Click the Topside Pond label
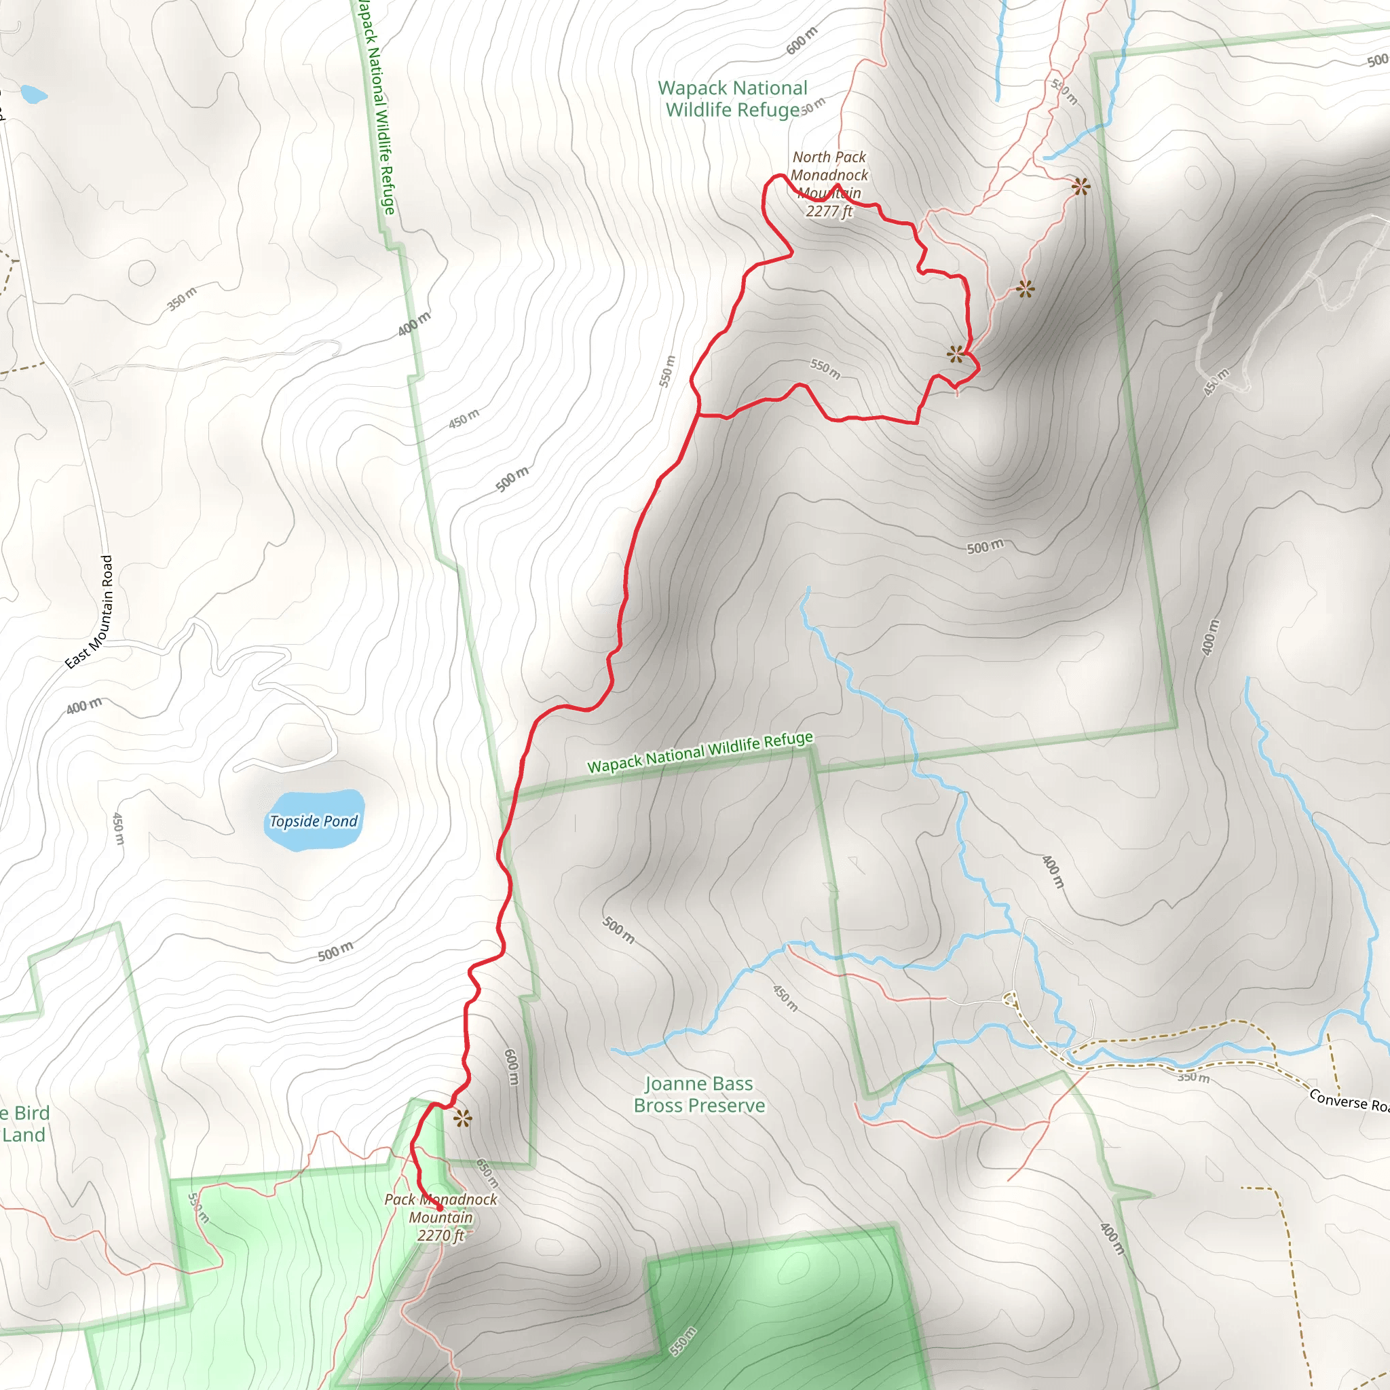pyautogui.click(x=314, y=821)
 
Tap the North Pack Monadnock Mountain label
pyautogui.click(x=829, y=183)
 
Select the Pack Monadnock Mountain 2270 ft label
pyautogui.click(x=440, y=1218)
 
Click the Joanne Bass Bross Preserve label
pyautogui.click(x=698, y=1094)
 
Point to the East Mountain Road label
pyautogui.click(x=91, y=612)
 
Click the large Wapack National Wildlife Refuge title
pyautogui.click(x=732, y=98)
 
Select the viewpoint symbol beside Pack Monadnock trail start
pyautogui.click(x=463, y=1118)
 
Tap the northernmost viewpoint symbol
pyautogui.click(x=1081, y=187)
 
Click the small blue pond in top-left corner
pyautogui.click(x=33, y=94)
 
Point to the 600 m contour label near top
pyautogui.click(x=802, y=41)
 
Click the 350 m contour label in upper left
pyautogui.click(x=181, y=299)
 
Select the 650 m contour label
pyautogui.click(x=487, y=1173)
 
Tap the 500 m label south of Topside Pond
pyautogui.click(x=335, y=951)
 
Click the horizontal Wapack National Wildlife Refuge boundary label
pyautogui.click(x=700, y=753)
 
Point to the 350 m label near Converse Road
pyautogui.click(x=1194, y=1077)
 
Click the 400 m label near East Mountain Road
pyautogui.click(x=84, y=707)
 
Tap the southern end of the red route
pyautogui.click(x=440, y=1209)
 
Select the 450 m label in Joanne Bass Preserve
pyautogui.click(x=785, y=998)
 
